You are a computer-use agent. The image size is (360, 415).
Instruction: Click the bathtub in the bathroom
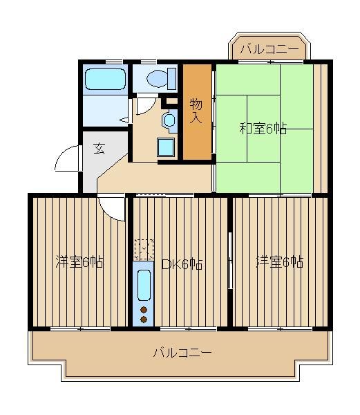tap(105, 79)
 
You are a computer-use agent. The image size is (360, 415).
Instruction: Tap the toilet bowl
tap(157, 78)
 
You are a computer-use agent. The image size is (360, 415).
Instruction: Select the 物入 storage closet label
tap(196, 111)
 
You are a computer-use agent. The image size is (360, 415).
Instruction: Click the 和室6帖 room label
tap(263, 129)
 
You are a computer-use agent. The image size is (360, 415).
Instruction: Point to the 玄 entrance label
tap(100, 148)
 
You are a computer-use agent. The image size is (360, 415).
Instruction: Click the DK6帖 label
tap(182, 264)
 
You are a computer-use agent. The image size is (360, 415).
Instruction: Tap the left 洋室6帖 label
tap(79, 261)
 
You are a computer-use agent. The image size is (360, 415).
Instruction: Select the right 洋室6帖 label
tap(280, 261)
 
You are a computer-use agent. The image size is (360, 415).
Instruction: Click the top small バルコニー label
tap(269, 49)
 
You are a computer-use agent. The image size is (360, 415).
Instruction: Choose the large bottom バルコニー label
tap(182, 353)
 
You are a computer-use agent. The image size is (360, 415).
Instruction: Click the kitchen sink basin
tap(144, 285)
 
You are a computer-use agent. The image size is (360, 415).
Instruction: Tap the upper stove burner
tap(144, 310)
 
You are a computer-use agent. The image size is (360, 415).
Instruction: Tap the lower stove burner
tap(144, 320)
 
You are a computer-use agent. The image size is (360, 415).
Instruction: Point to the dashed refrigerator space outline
tap(144, 249)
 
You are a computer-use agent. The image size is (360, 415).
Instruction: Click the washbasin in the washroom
tap(169, 120)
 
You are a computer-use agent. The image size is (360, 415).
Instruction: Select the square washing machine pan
tap(166, 147)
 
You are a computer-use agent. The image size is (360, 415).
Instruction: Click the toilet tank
tap(172, 78)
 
